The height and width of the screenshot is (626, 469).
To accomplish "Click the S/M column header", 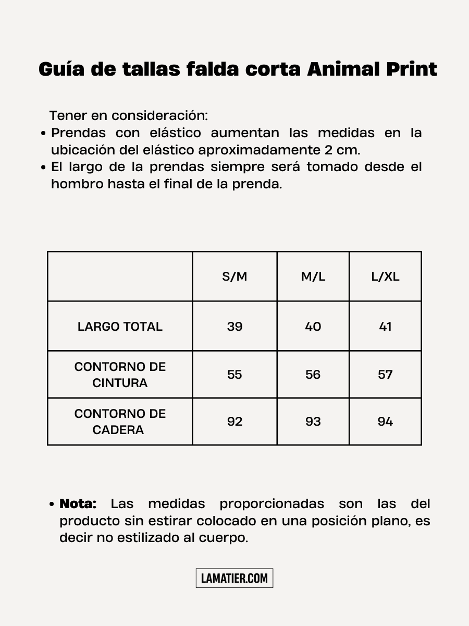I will coord(234,276).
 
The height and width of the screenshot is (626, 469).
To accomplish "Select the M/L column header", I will coord(313,276).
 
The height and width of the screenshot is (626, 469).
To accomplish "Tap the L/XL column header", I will coord(385,276).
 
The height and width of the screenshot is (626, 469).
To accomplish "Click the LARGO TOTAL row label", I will coord(120,327).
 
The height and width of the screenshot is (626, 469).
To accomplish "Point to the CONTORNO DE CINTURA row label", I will coord(120,375).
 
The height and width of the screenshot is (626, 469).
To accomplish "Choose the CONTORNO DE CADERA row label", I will coord(120,422).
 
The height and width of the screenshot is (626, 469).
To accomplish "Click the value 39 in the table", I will coord(234,327).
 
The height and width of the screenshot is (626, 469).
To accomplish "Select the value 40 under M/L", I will coord(313,327).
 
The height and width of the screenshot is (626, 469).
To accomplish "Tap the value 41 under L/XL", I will coord(385,327).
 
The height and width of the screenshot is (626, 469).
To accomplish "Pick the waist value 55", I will coord(234,375).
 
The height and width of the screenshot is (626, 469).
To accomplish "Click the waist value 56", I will coord(313,375).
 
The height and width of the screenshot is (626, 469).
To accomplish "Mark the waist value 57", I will coord(385,375).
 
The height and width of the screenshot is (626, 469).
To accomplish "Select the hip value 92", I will coord(234,422).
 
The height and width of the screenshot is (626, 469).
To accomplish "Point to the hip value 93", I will coord(313,422).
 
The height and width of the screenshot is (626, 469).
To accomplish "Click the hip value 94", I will coord(385,422).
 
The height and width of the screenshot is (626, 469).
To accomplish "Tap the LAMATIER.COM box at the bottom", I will coord(234,578).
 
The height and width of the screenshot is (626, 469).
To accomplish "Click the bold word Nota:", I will coord(78,504).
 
